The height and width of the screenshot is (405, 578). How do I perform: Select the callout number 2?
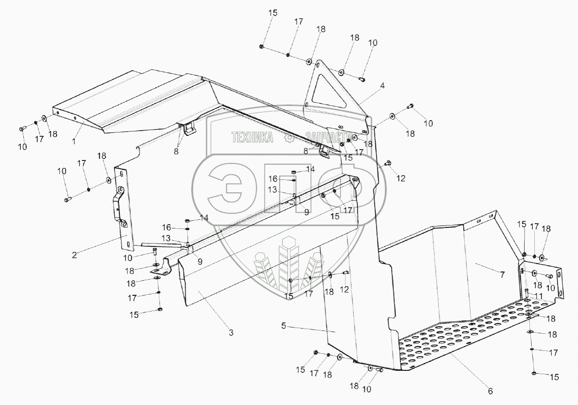pyautogui.click(x=74, y=254)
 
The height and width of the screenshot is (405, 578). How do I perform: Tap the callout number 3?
pyautogui.click(x=231, y=333)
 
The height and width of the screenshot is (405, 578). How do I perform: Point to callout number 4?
pyautogui.click(x=382, y=86)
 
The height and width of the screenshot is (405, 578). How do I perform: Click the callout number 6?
pyautogui.click(x=490, y=391)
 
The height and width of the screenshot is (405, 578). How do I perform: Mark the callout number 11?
pyautogui.click(x=539, y=296)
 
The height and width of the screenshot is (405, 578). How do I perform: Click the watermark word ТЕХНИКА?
pyautogui.click(x=252, y=138)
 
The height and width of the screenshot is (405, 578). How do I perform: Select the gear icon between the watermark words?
pyautogui.click(x=288, y=138)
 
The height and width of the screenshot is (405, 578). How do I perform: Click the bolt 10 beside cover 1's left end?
pyautogui.click(x=22, y=129)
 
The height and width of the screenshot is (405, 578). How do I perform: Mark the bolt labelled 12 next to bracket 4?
pyautogui.click(x=387, y=163)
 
